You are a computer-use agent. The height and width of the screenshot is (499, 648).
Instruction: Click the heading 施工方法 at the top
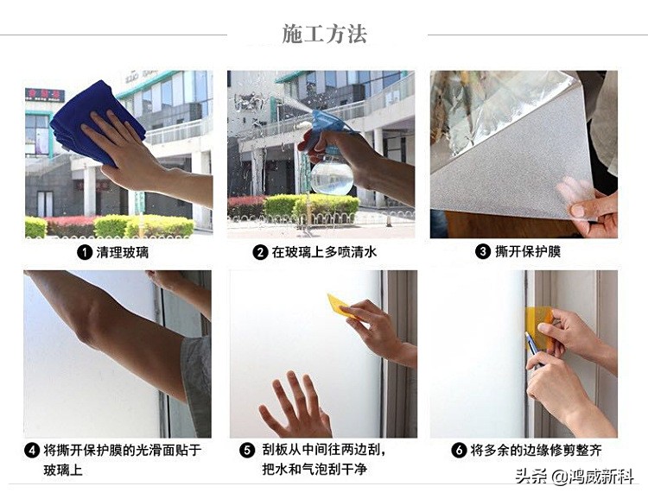[x=324, y=34]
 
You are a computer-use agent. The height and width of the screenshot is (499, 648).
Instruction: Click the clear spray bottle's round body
[x=332, y=176]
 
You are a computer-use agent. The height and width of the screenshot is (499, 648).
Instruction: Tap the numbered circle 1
[x=85, y=252]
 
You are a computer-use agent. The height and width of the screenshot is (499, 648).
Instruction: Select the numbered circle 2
[x=260, y=252]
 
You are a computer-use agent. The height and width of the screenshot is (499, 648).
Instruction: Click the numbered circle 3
[x=483, y=252]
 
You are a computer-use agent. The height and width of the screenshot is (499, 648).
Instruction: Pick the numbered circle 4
[x=32, y=451]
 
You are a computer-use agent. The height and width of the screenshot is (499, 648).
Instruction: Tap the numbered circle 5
[x=247, y=451]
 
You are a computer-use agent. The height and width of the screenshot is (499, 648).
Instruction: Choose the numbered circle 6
[x=459, y=451]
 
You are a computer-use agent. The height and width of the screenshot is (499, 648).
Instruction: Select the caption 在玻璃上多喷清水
[x=324, y=252]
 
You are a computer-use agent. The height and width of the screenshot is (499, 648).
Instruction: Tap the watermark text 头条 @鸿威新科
[x=574, y=476]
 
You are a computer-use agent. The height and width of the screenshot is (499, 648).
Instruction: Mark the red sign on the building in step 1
[x=44, y=93]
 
